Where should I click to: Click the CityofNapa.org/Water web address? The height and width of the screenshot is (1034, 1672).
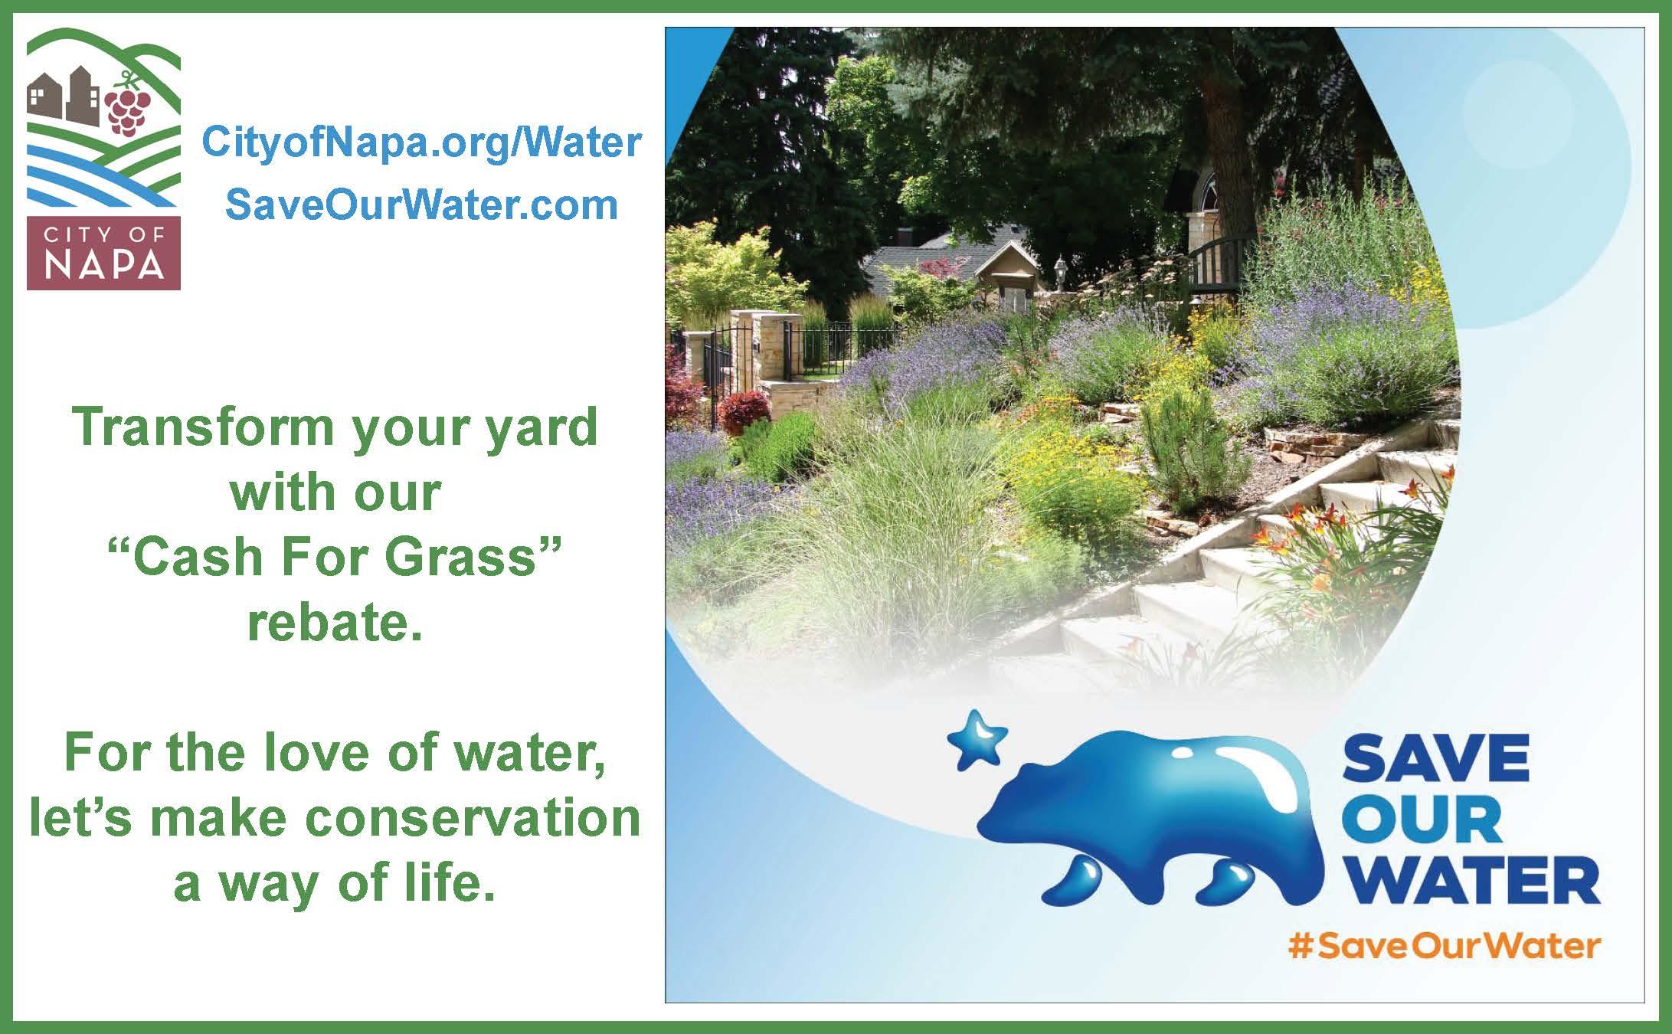420,143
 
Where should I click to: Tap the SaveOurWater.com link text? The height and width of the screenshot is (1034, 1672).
421,205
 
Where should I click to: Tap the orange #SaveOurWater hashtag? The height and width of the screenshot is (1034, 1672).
1445,947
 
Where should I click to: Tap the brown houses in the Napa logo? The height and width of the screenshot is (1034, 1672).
63,96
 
